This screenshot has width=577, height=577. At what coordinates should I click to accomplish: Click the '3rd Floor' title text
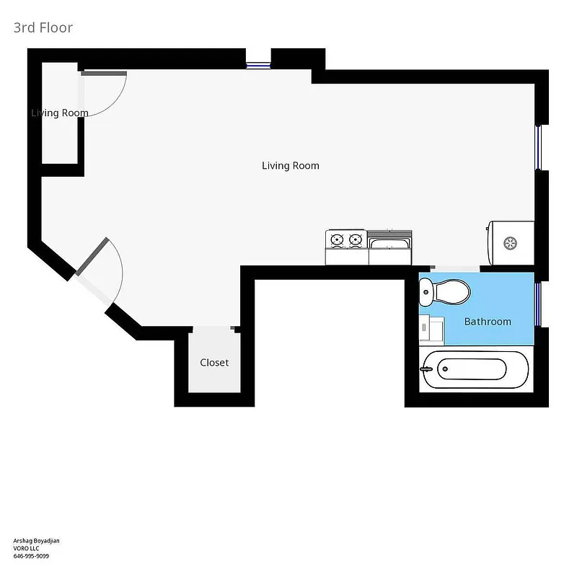coord(43,28)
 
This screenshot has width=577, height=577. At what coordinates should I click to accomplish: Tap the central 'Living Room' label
coord(290,166)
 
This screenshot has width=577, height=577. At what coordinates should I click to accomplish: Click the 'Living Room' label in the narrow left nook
coord(60,113)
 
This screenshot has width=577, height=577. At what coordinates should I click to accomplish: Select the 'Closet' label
coord(214,362)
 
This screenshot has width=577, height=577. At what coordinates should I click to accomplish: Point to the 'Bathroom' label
coord(488,322)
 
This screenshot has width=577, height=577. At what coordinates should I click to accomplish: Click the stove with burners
coord(345,247)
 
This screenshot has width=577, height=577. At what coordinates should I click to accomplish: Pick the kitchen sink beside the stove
coord(389,247)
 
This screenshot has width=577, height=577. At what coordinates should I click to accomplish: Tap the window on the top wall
coord(258,66)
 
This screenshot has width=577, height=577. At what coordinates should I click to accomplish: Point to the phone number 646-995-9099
coord(31,556)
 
